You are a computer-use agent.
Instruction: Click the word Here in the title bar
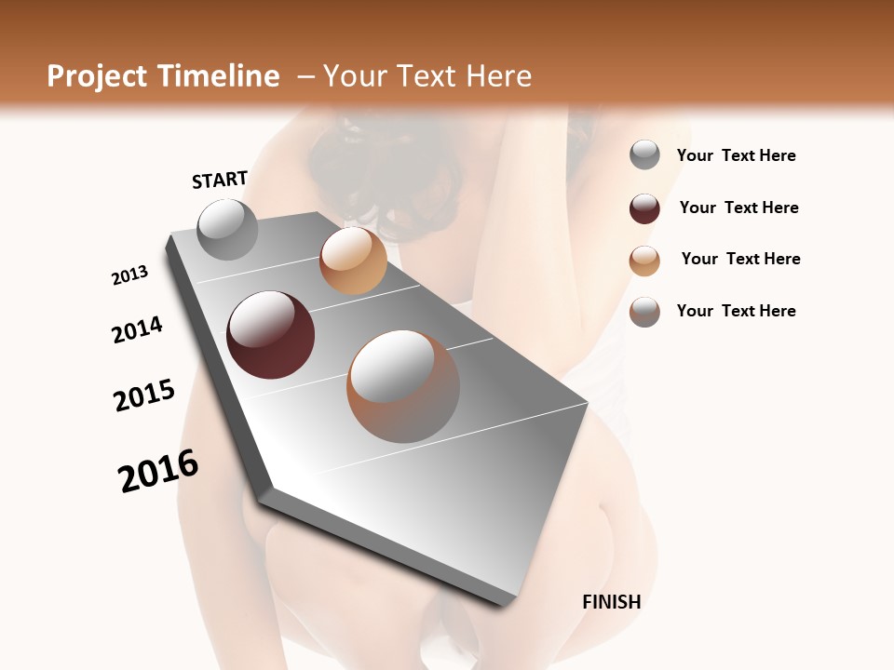point(498,76)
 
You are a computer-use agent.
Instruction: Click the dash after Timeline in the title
point(305,77)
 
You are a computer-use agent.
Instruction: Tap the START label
point(220,180)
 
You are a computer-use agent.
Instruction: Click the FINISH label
point(611,602)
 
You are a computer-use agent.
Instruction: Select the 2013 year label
point(129,275)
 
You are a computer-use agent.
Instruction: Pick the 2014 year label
point(137,329)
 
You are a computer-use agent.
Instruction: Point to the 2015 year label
point(144,395)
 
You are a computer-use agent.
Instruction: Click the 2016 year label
point(158,471)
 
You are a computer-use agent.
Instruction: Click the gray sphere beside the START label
point(227,229)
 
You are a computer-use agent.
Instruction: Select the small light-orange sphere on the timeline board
point(353,261)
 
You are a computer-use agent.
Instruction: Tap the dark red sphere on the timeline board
point(270,335)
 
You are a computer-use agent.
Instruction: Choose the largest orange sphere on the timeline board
point(403,386)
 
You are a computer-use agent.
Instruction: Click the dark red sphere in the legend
point(644,208)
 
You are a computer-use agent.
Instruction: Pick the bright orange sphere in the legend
point(644,261)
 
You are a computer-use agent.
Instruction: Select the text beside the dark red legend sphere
point(738,208)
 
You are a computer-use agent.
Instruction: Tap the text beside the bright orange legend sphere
point(740,259)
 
